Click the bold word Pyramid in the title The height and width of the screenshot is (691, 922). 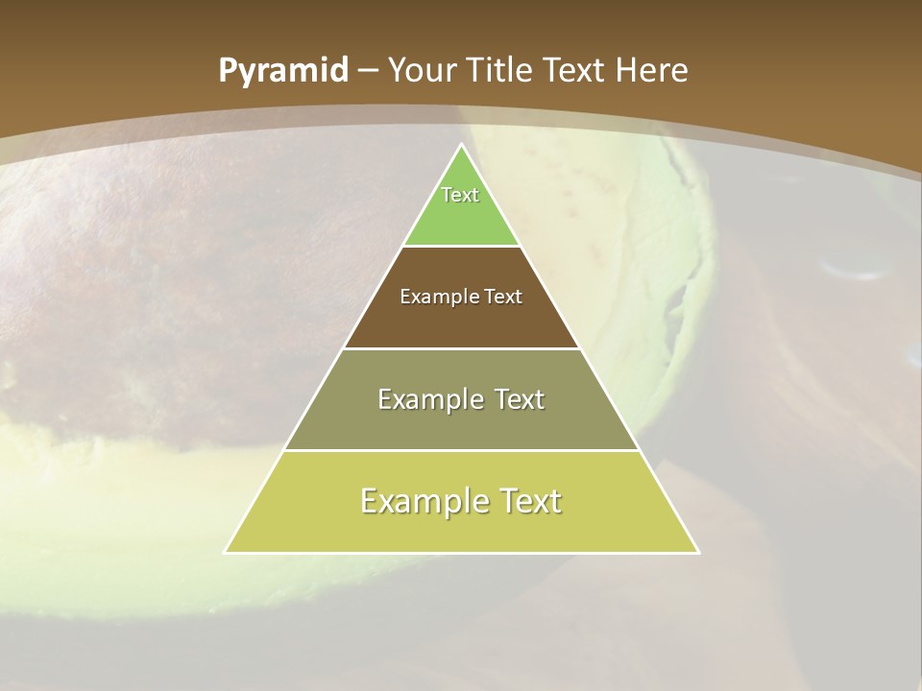pyautogui.click(x=283, y=71)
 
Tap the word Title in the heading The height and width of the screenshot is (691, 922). pyautogui.click(x=501, y=70)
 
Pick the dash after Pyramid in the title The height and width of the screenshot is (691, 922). pyautogui.click(x=368, y=71)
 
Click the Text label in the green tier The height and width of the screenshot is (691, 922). pyautogui.click(x=460, y=195)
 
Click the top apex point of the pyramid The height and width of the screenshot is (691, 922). pyautogui.click(x=461, y=145)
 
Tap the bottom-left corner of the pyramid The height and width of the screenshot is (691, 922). pyautogui.click(x=226, y=552)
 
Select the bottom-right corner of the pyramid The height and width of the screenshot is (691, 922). pyautogui.click(x=697, y=552)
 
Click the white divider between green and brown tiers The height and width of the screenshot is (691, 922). pyautogui.click(x=461, y=247)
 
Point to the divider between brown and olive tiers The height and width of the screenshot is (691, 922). pyautogui.click(x=461, y=348)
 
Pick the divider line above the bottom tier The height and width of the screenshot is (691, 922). pyautogui.click(x=461, y=450)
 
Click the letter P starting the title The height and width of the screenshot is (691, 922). pyautogui.click(x=228, y=71)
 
